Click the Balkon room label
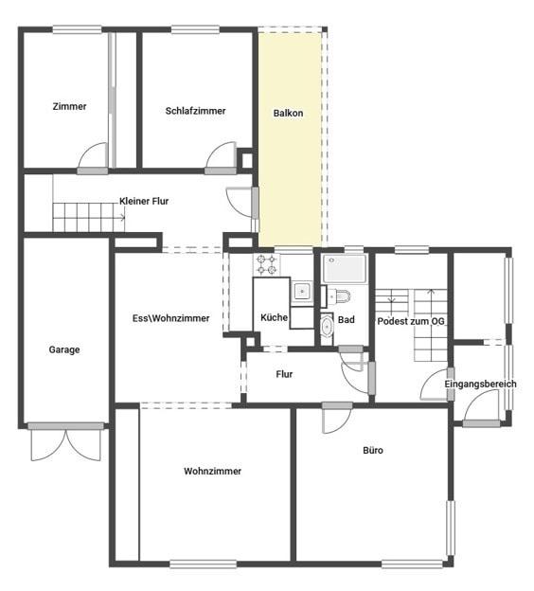pyautogui.click(x=288, y=113)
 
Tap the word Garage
pyautogui.click(x=64, y=349)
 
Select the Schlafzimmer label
pyautogui.click(x=195, y=111)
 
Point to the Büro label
pyautogui.click(x=373, y=450)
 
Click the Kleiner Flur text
pyautogui.click(x=144, y=202)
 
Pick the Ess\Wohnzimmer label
pyautogui.click(x=170, y=318)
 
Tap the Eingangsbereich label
pyautogui.click(x=480, y=385)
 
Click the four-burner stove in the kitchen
pyautogui.click(x=266, y=264)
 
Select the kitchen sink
pyautogui.click(x=302, y=291)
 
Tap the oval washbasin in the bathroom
pyautogui.click(x=326, y=327)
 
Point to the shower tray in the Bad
pyautogui.click(x=345, y=269)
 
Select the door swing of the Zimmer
pyautogui.click(x=93, y=156)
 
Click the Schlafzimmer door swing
pyautogui.click(x=221, y=156)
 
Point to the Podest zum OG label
pyautogui.click(x=411, y=321)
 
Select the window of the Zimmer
pyautogui.click(x=77, y=29)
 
